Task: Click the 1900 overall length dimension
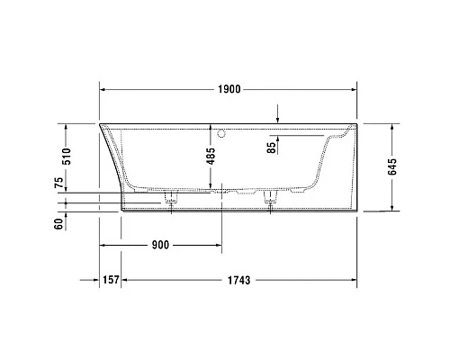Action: [x=228, y=90]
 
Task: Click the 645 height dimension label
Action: [x=415, y=166]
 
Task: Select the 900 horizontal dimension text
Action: [x=160, y=245]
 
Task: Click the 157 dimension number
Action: [x=110, y=280]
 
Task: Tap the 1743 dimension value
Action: [x=238, y=280]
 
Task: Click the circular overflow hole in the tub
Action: [x=223, y=131]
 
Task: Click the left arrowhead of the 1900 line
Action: [x=103, y=90]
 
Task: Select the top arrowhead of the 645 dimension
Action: [x=392, y=127]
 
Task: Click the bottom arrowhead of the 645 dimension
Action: [x=392, y=208]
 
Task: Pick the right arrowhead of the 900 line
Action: [x=215, y=245]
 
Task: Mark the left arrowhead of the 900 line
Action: [x=103, y=245]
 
